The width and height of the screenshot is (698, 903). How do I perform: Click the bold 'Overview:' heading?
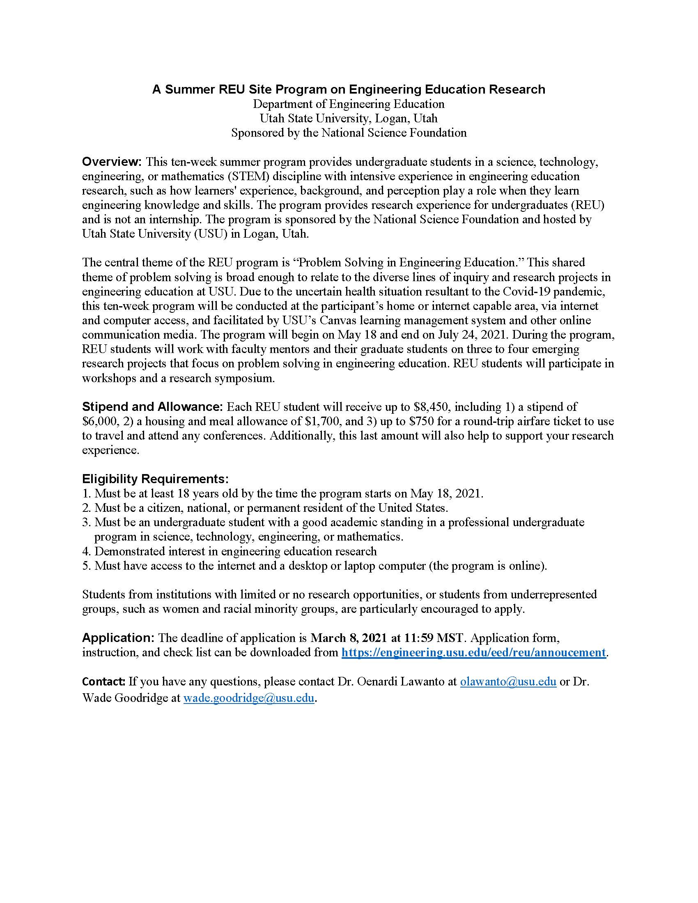112,162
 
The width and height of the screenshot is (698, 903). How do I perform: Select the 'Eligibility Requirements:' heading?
155,479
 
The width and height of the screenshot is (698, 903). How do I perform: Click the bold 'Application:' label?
118,637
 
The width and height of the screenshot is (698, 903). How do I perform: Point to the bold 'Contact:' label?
104,681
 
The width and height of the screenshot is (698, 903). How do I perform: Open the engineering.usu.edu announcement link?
473,653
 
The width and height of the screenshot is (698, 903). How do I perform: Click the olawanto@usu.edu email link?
508,681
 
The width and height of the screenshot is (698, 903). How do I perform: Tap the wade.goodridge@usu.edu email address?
248,698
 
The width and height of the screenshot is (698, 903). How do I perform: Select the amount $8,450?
432,407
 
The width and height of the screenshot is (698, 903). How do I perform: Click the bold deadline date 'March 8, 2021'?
349,637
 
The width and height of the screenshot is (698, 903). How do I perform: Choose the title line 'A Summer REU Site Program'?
349,89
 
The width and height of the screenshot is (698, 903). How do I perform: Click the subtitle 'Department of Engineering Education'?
349,104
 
